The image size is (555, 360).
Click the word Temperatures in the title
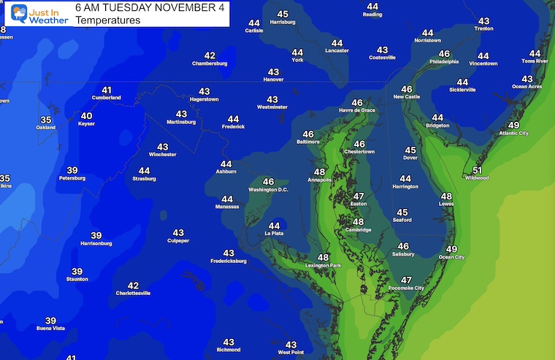[x=107, y=20]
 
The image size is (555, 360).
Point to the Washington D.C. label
[x=269, y=190]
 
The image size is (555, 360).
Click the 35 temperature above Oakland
[x=46, y=120]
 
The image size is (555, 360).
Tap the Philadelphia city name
[x=445, y=63]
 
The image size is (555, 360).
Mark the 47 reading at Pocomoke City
[x=406, y=280]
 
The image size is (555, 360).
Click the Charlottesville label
[x=133, y=294]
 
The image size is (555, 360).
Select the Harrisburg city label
[x=283, y=23]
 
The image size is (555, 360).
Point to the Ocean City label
[x=451, y=257]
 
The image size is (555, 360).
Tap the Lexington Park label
[x=324, y=266]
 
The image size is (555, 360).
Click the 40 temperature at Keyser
[x=86, y=115]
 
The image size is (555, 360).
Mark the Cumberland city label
[x=106, y=98]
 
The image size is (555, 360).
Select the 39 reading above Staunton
[x=77, y=271]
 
